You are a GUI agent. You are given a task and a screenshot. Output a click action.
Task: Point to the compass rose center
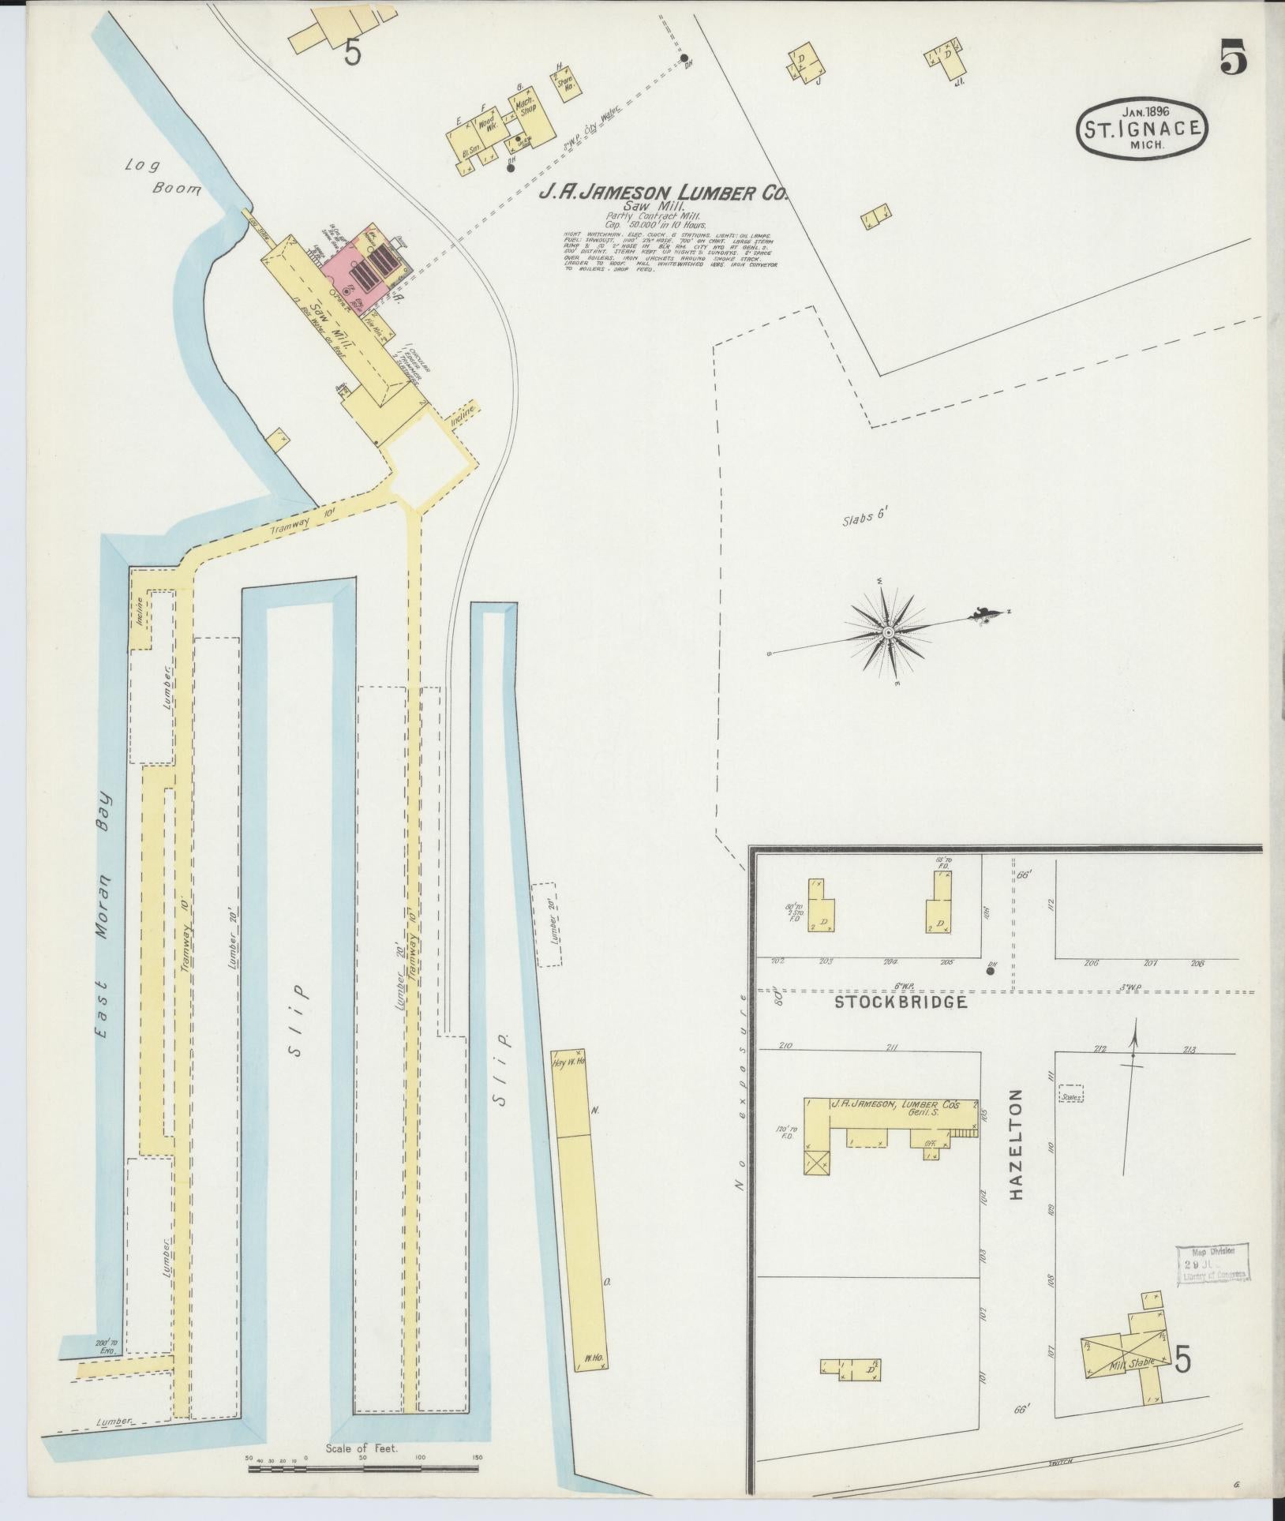[x=889, y=632]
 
